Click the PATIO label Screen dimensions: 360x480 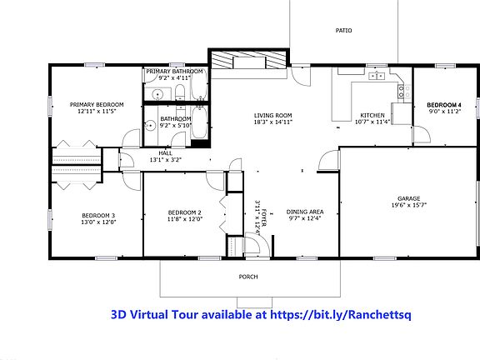(343, 30)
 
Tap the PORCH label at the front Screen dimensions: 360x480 (248, 277)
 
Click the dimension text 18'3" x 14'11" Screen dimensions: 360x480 (272, 122)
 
